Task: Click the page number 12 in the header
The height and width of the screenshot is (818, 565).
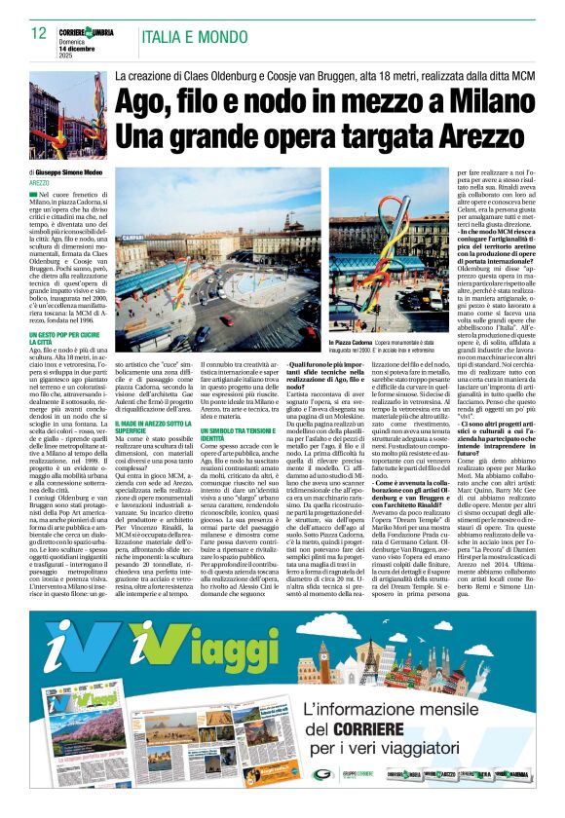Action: pyautogui.click(x=39, y=33)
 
